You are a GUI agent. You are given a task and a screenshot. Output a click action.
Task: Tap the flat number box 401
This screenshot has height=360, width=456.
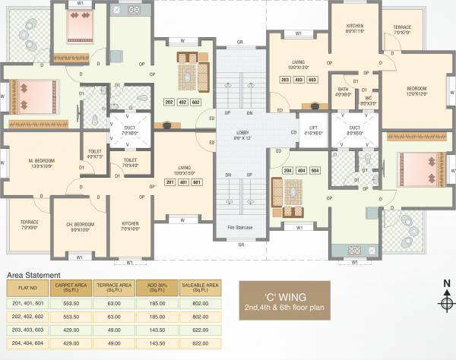[x=185, y=182]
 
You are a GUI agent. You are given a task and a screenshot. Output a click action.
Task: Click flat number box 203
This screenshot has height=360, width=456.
[x=285, y=79]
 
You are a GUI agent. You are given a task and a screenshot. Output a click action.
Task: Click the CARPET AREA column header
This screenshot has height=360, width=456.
[x=69, y=287]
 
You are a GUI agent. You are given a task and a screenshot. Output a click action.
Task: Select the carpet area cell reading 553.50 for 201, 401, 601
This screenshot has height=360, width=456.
[x=69, y=302]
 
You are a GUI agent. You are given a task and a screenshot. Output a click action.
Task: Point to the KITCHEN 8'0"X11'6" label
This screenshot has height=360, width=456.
[x=354, y=29]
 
